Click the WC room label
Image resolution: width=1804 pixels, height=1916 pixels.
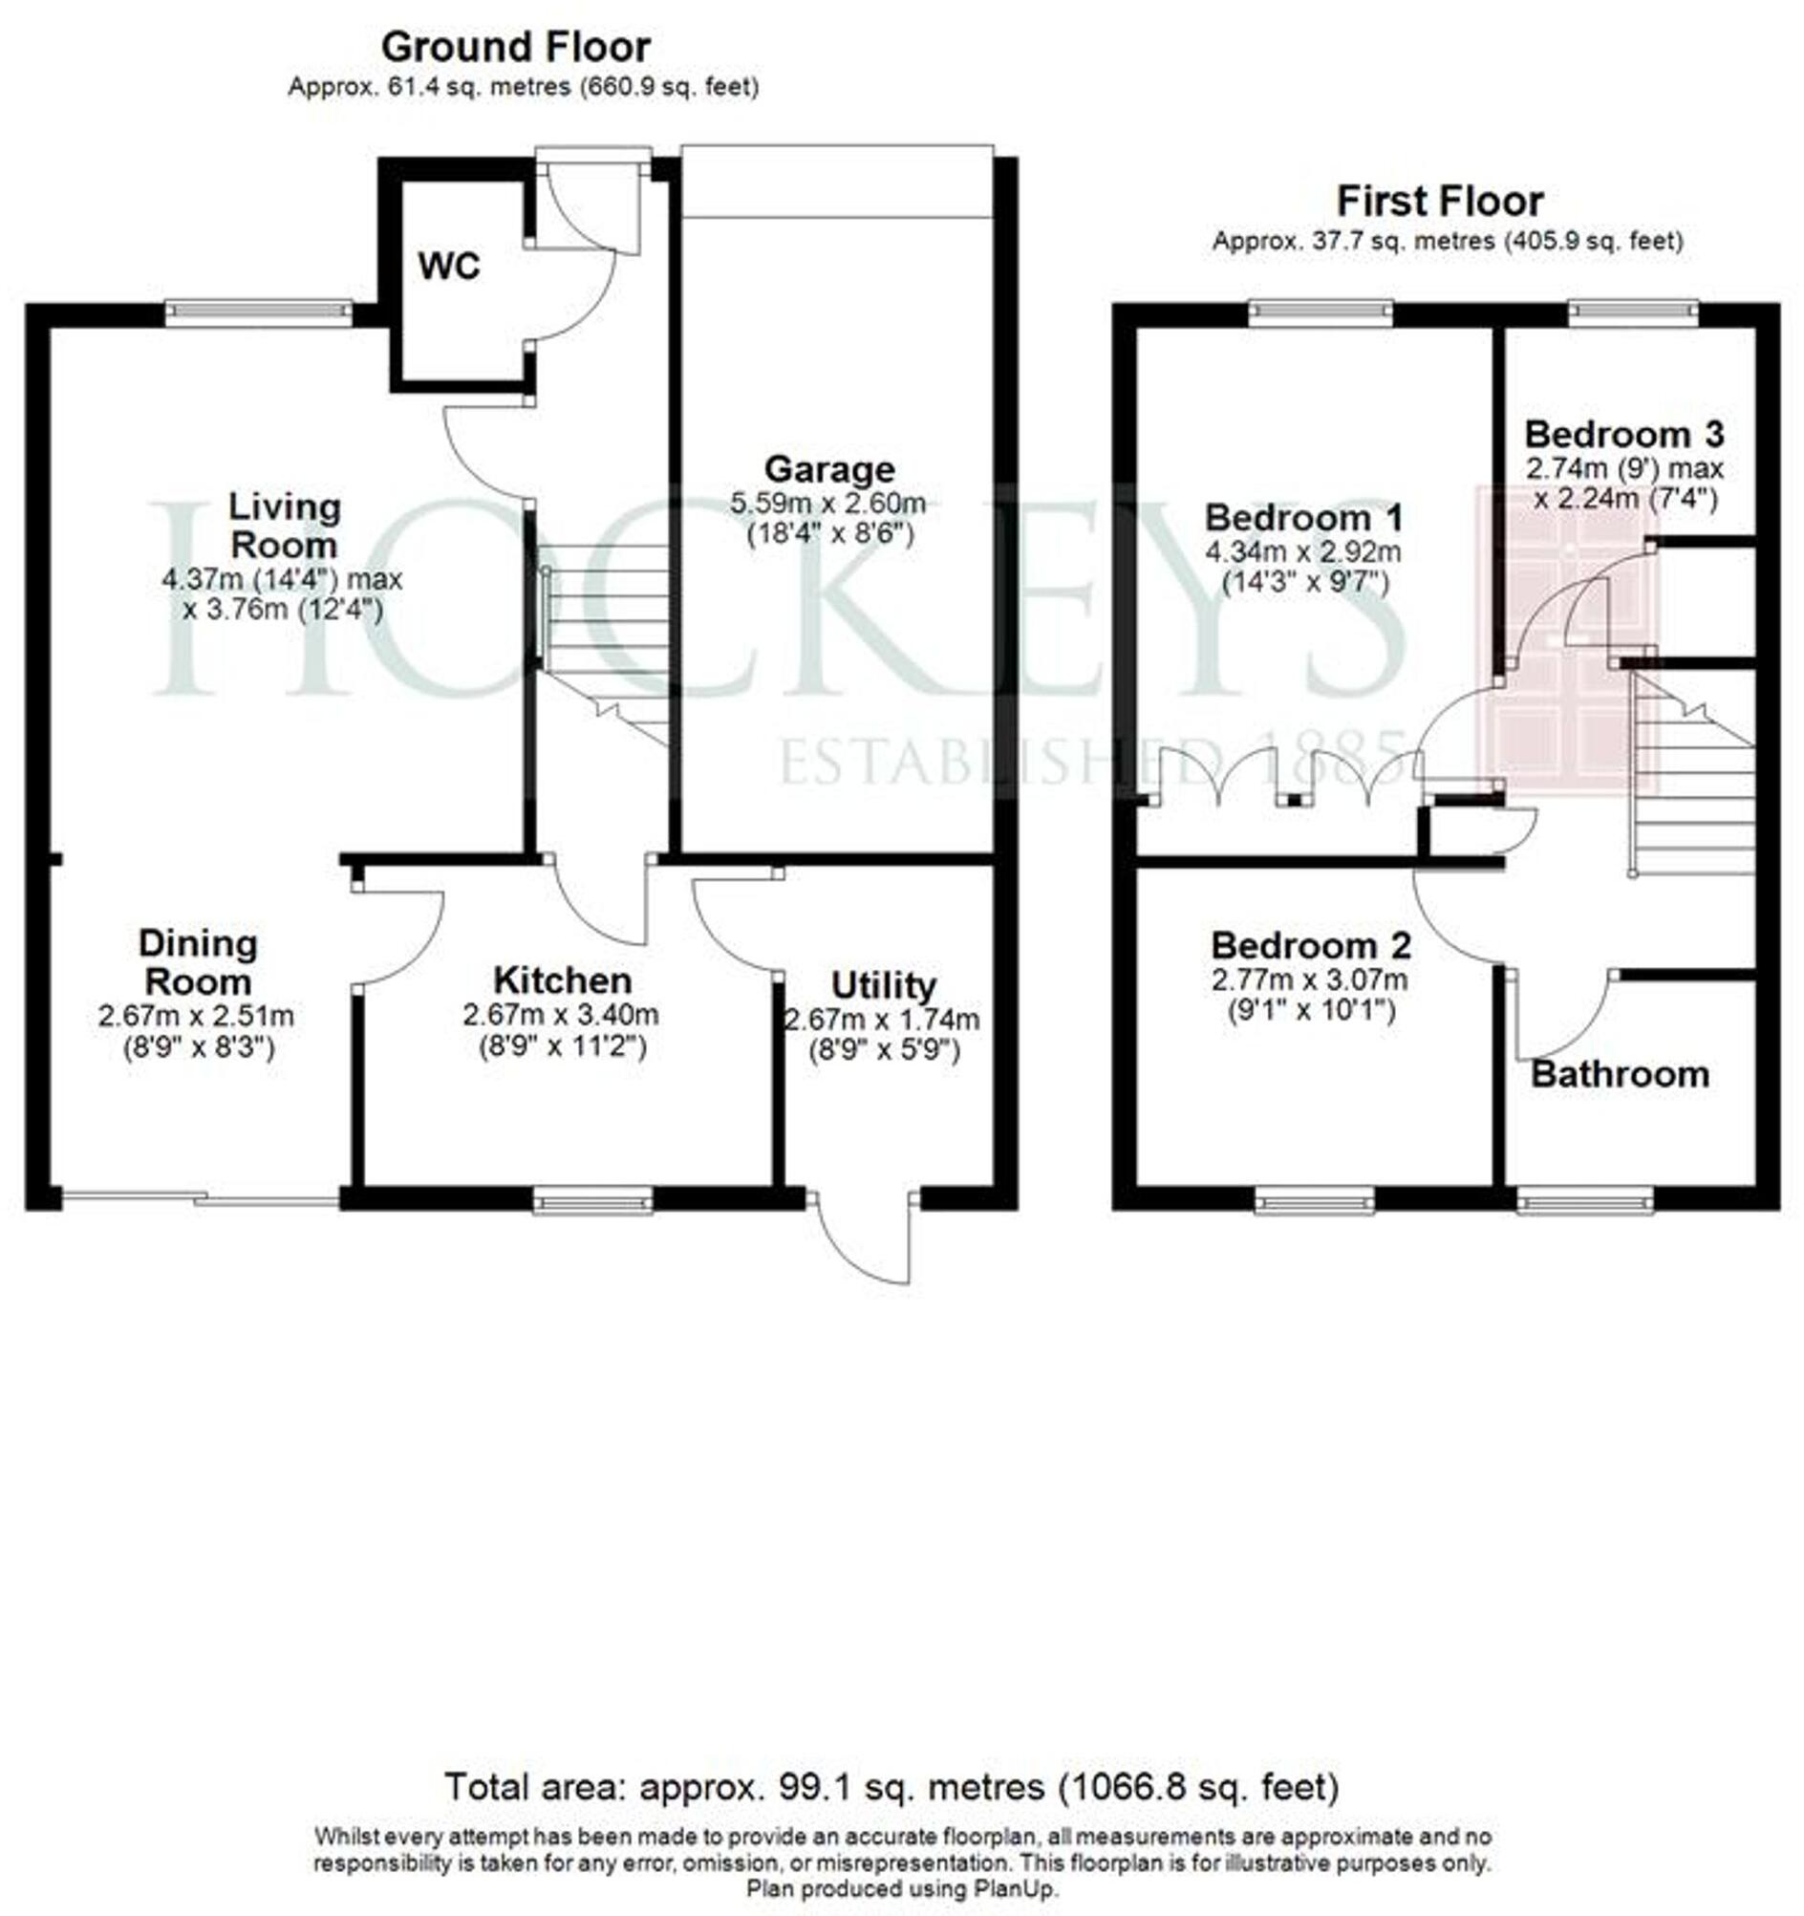[x=448, y=267]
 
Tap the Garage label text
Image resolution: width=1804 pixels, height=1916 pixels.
[x=827, y=469]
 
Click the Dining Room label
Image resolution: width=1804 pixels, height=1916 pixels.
[x=198, y=962]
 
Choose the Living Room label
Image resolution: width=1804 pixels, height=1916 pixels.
[x=284, y=526]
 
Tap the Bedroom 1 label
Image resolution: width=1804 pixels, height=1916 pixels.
[x=1304, y=518]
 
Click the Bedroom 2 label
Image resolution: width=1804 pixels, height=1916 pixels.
[x=1310, y=945]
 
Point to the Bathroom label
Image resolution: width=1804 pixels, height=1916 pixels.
[x=1619, y=1074]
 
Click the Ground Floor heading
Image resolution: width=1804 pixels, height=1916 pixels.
[x=516, y=46]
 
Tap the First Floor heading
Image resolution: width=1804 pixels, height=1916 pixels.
[x=1440, y=202]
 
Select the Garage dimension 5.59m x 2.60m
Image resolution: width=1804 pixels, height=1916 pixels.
[x=827, y=503]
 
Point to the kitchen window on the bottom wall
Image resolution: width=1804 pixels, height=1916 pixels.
[x=592, y=1200]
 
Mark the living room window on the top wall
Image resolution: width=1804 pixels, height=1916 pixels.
[x=258, y=309]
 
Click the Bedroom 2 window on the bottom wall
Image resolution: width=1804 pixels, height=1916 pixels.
[x=1315, y=1200]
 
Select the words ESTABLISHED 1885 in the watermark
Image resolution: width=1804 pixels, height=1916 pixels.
[x=1089, y=761]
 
